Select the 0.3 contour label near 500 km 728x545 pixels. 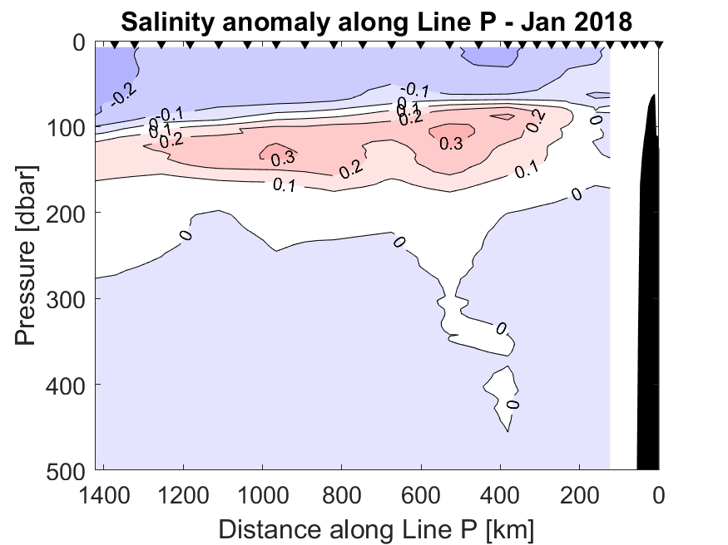tap(451, 144)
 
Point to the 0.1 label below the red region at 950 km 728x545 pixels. tap(285, 184)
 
